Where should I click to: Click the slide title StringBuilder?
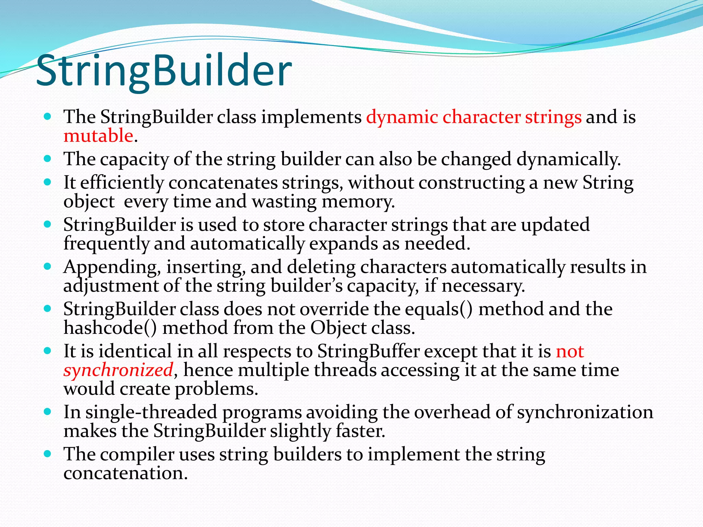tap(164, 71)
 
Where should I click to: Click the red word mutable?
tap(98, 136)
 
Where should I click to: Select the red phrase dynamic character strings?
tap(474, 117)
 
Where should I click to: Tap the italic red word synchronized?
tap(118, 371)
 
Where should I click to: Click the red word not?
tap(570, 352)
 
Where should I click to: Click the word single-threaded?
tap(151, 412)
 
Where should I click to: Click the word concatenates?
tap(223, 183)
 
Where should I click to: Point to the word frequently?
tap(106, 244)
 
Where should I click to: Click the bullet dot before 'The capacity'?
tap(48, 159)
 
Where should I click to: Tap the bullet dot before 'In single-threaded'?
tap(48, 412)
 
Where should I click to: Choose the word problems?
tap(216, 389)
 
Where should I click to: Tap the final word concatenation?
tap(125, 473)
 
